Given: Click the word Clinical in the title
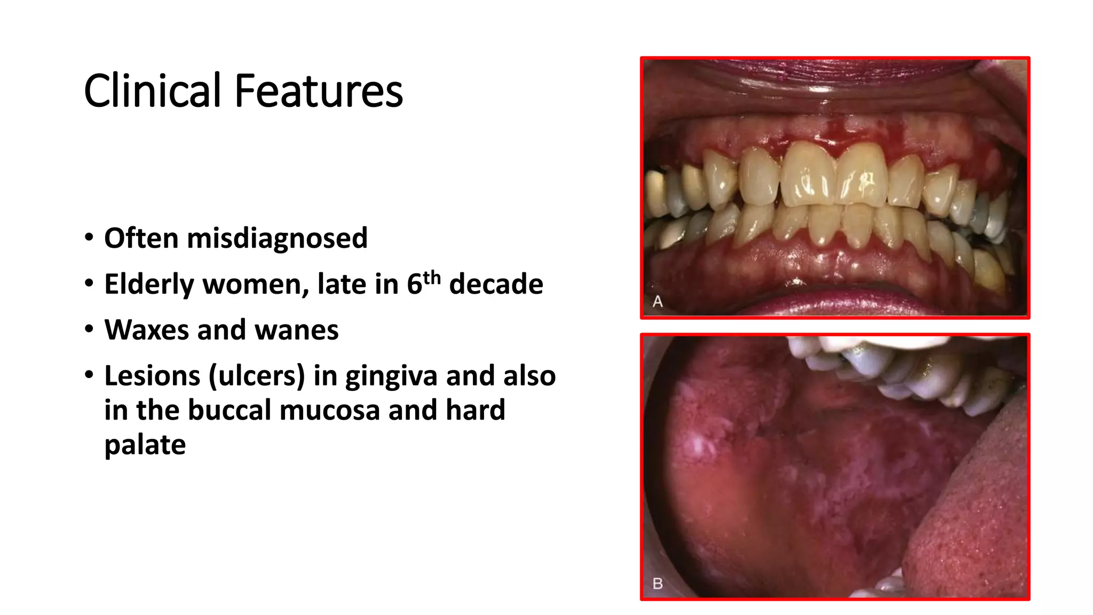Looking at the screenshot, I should click(152, 91).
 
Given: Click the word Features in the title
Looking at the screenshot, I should click(319, 91).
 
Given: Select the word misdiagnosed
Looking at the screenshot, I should click(277, 238).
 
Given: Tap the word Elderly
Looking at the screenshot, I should click(149, 284).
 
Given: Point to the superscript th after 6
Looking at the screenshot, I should click(432, 278).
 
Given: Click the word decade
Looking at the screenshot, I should click(496, 284).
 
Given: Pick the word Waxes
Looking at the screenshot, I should click(146, 330).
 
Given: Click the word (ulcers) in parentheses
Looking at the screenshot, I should click(257, 376).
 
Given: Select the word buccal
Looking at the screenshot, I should click(229, 410).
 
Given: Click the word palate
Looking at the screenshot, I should click(145, 445).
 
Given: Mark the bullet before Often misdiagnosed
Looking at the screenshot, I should click(89, 237).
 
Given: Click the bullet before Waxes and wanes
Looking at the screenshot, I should click(89, 329).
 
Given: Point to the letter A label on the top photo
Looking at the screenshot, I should click(658, 302).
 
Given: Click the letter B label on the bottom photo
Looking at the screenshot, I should click(658, 584).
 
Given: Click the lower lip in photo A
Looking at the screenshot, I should click(833, 304).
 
